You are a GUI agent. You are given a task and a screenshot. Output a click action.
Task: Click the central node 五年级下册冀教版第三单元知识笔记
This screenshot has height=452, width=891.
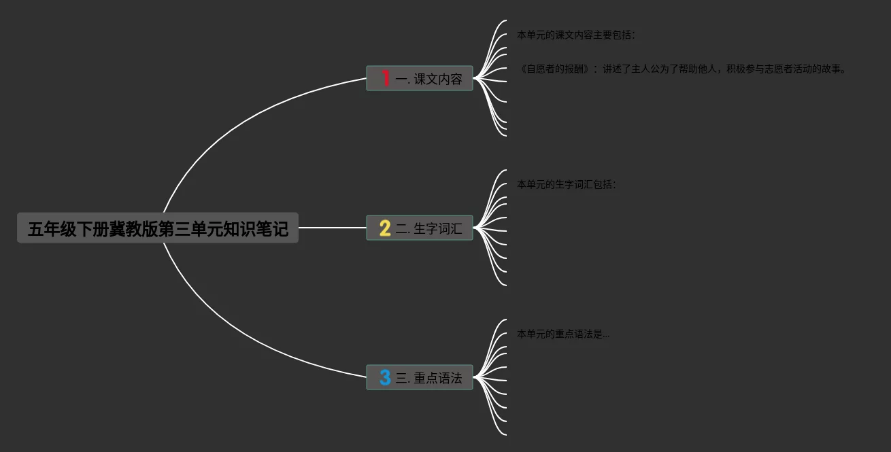(x=158, y=228)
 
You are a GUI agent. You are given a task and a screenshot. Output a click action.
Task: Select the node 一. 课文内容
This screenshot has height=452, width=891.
(x=420, y=79)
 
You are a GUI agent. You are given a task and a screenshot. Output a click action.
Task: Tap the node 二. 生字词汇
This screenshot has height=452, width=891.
(x=420, y=228)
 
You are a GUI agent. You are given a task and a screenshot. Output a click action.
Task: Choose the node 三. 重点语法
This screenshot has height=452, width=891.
(x=420, y=377)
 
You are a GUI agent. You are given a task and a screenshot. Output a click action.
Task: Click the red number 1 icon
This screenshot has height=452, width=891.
(x=385, y=79)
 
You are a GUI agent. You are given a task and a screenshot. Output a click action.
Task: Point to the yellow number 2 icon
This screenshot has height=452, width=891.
(x=385, y=228)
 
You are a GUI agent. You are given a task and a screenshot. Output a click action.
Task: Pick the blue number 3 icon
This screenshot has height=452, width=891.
(x=385, y=377)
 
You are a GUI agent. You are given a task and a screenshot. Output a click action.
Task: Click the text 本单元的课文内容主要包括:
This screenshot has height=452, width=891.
(x=575, y=35)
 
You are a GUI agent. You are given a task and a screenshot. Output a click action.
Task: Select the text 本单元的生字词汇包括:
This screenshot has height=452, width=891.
(x=566, y=184)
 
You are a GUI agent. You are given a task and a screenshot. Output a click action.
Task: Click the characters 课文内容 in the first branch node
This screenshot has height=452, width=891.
(x=438, y=79)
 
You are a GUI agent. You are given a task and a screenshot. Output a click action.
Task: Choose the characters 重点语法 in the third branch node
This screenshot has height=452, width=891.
(x=438, y=377)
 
